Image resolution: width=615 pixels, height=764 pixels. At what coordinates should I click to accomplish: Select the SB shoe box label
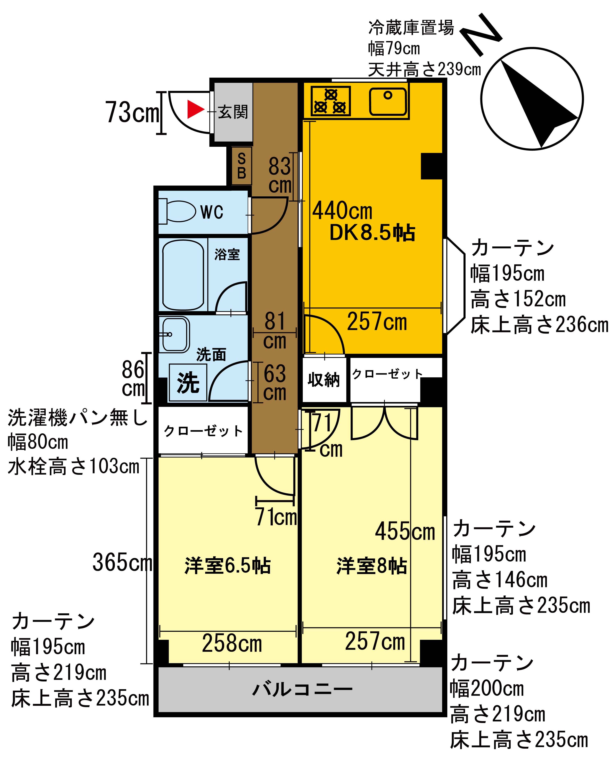tap(241, 166)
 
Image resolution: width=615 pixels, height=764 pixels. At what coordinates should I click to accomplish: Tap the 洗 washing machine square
tap(188, 382)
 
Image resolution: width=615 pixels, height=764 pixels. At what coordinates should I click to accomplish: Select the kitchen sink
tap(388, 101)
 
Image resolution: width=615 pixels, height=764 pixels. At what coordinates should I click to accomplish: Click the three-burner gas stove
tap(331, 101)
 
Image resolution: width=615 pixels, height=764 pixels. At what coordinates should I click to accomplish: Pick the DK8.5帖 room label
tap(372, 233)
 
